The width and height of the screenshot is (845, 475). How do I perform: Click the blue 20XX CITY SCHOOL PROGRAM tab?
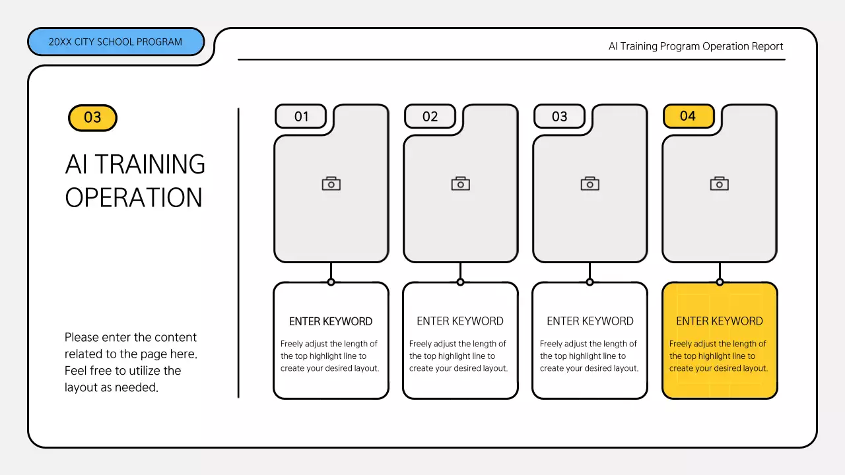(x=116, y=42)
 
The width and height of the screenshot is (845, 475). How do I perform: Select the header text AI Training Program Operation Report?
(x=695, y=46)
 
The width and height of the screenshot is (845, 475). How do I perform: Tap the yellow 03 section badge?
(x=92, y=117)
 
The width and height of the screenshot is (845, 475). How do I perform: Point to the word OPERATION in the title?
(x=133, y=197)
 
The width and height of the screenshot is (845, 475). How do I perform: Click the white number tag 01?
(x=301, y=116)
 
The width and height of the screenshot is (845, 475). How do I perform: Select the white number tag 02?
(x=430, y=116)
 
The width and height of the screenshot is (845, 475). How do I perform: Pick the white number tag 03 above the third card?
(x=559, y=116)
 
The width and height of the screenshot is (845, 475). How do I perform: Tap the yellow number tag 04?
(x=688, y=116)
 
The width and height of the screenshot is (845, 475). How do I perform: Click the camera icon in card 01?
(x=331, y=183)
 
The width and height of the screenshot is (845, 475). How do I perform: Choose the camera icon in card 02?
(x=460, y=183)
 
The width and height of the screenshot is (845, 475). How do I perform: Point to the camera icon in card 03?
(x=590, y=183)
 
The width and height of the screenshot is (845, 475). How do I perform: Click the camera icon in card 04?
(x=719, y=183)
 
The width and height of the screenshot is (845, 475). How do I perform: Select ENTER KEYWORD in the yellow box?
(x=719, y=321)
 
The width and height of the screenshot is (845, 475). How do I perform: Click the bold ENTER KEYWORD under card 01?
(x=331, y=321)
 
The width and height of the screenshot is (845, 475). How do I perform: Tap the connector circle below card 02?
(x=460, y=282)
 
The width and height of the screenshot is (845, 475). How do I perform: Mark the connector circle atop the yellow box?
(x=719, y=282)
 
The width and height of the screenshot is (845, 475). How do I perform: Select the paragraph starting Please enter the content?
(x=131, y=362)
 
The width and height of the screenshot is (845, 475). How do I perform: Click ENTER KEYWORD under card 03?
(x=590, y=321)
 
